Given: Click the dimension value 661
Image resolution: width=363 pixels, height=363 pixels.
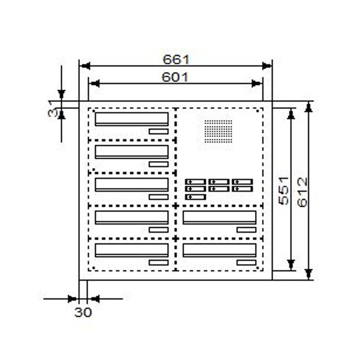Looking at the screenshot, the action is tap(176, 60).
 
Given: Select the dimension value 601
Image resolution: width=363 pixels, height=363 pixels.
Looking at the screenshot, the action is tap(175, 77).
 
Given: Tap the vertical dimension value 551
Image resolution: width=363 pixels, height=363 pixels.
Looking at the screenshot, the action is tap(284, 191).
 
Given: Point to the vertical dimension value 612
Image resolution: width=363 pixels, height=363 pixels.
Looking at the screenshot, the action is tap(302, 192).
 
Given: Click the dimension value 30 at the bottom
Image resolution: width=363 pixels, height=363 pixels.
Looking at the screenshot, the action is tap(83, 313).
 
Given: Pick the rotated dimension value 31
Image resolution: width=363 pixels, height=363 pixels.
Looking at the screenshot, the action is tap(53, 109).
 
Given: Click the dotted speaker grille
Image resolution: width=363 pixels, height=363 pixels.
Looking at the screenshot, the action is tap(218, 131).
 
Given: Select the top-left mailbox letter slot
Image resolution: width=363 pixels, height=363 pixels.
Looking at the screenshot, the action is tap(132, 119).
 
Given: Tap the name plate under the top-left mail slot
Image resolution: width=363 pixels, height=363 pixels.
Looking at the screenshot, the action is tap(159, 132).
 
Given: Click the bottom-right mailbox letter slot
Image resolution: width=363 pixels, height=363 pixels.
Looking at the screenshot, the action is tap(219, 250).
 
